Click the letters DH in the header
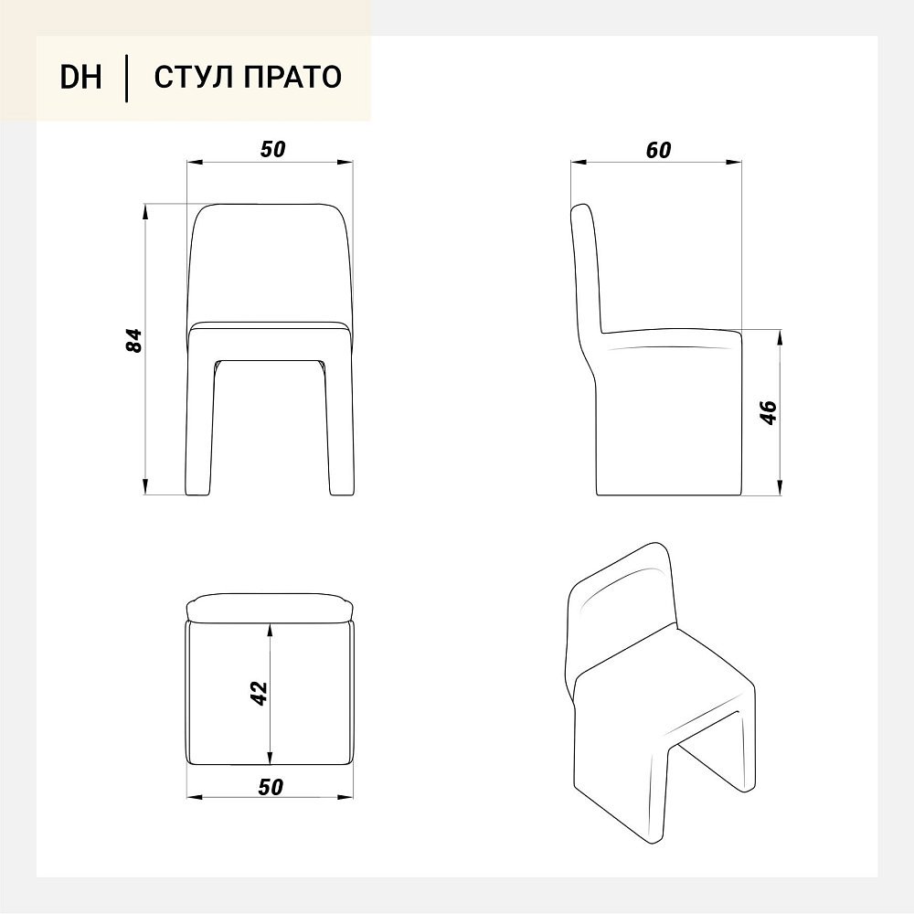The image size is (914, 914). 80,77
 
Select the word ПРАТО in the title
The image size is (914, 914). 292,77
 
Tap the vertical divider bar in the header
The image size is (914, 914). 126,78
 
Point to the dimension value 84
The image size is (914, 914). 134,340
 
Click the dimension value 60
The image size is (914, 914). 659,151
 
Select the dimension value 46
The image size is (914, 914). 769,413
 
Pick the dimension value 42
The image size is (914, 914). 259,694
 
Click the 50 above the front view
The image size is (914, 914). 272,150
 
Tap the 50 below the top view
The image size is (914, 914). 271,787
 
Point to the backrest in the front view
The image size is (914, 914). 270,263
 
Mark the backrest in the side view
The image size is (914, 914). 587,268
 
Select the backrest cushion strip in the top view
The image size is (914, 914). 270,609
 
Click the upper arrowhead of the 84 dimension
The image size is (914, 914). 145,211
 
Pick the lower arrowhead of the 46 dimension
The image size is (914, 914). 780,488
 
